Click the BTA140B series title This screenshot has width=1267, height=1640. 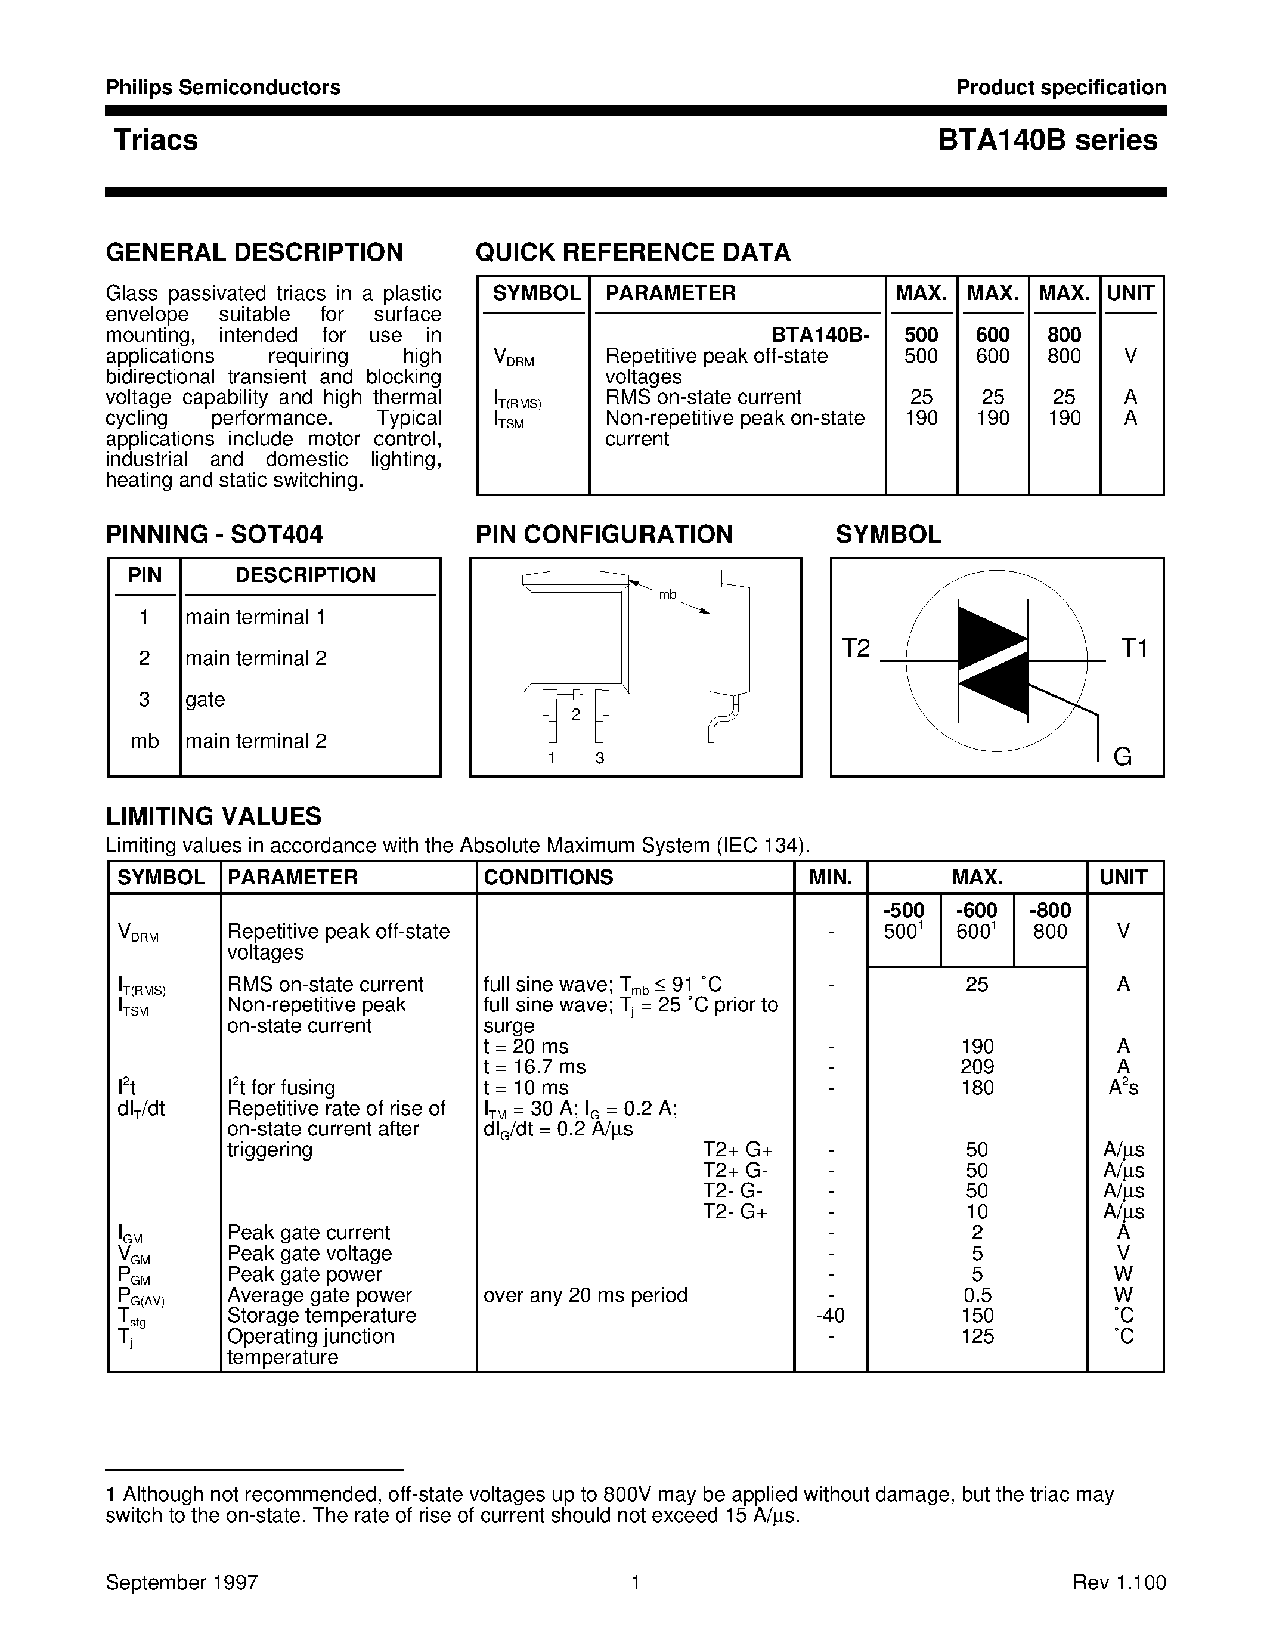(1047, 140)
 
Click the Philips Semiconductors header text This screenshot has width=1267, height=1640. (223, 88)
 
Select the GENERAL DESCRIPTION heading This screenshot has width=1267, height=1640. (255, 252)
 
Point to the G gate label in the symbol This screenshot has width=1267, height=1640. (1122, 756)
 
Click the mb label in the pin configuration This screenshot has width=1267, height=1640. (667, 595)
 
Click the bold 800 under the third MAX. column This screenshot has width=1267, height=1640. (1064, 335)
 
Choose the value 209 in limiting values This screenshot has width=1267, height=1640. (977, 1067)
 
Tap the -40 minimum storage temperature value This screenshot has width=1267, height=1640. (829, 1316)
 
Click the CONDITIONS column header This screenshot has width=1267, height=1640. (548, 877)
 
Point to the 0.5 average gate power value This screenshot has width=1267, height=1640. (977, 1295)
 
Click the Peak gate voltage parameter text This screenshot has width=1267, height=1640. (309, 1254)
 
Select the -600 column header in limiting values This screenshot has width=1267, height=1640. (977, 910)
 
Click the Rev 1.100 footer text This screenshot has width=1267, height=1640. (1119, 1582)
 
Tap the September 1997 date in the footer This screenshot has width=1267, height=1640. (182, 1582)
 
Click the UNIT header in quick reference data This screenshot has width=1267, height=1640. (1130, 293)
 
